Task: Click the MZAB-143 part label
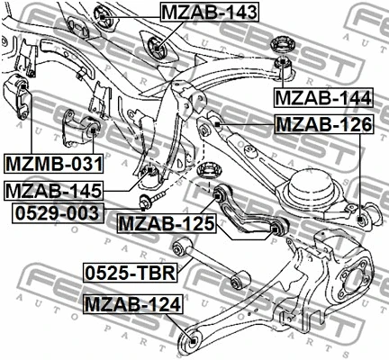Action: pyautogui.click(x=209, y=13)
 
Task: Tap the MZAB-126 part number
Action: pyautogui.click(x=321, y=125)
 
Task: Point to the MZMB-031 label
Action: pyautogui.click(x=53, y=164)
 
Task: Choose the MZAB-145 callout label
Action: pyautogui.click(x=53, y=191)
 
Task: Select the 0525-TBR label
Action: pyautogui.click(x=129, y=272)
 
